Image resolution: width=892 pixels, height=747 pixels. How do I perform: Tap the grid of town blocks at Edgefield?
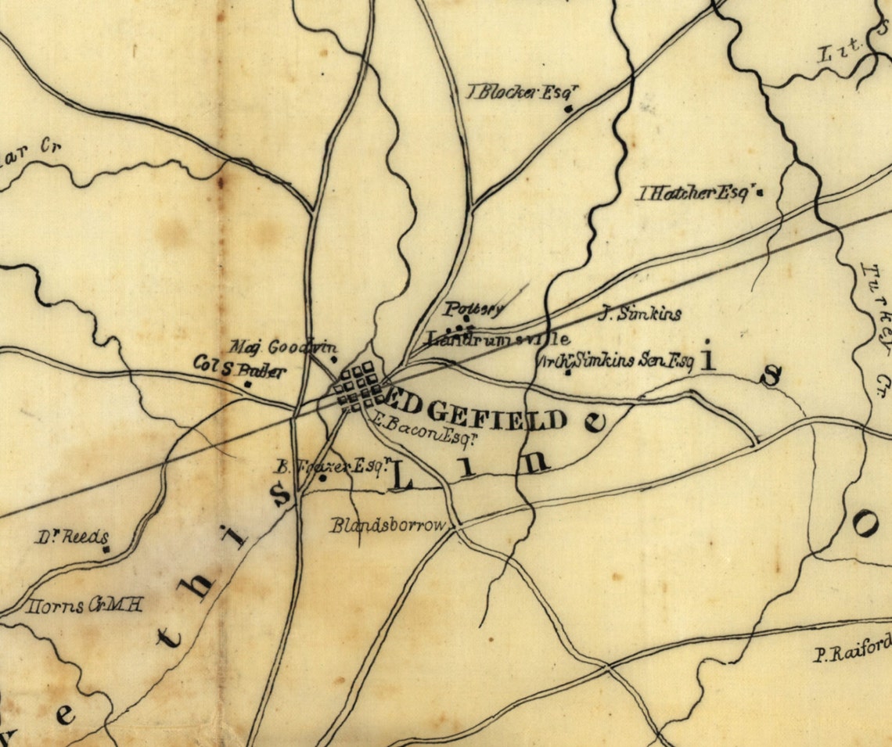[358, 385]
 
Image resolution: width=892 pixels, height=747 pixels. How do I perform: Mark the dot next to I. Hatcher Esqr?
[758, 193]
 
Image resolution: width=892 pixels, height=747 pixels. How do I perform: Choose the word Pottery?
[474, 308]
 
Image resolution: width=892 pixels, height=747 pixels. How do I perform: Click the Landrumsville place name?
[498, 339]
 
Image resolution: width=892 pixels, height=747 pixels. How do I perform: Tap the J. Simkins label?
[640, 314]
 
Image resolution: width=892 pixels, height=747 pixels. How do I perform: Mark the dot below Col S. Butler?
[248, 384]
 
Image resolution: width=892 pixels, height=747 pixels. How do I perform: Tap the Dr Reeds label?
[70, 537]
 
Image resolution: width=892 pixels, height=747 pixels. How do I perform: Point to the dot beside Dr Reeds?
[106, 550]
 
